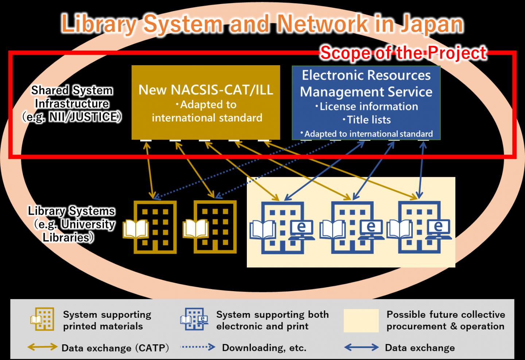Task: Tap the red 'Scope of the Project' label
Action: tap(403, 53)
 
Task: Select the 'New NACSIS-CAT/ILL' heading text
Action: tap(206, 90)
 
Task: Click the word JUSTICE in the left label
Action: tap(95, 117)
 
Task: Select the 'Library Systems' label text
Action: tap(71, 211)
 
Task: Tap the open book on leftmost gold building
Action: tap(136, 229)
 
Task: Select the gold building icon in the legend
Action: tap(43, 319)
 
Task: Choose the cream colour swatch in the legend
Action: tap(361, 321)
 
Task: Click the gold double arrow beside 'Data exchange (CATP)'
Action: tap(42, 347)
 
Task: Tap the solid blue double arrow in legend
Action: tap(361, 347)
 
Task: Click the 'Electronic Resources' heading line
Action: tap(366, 75)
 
